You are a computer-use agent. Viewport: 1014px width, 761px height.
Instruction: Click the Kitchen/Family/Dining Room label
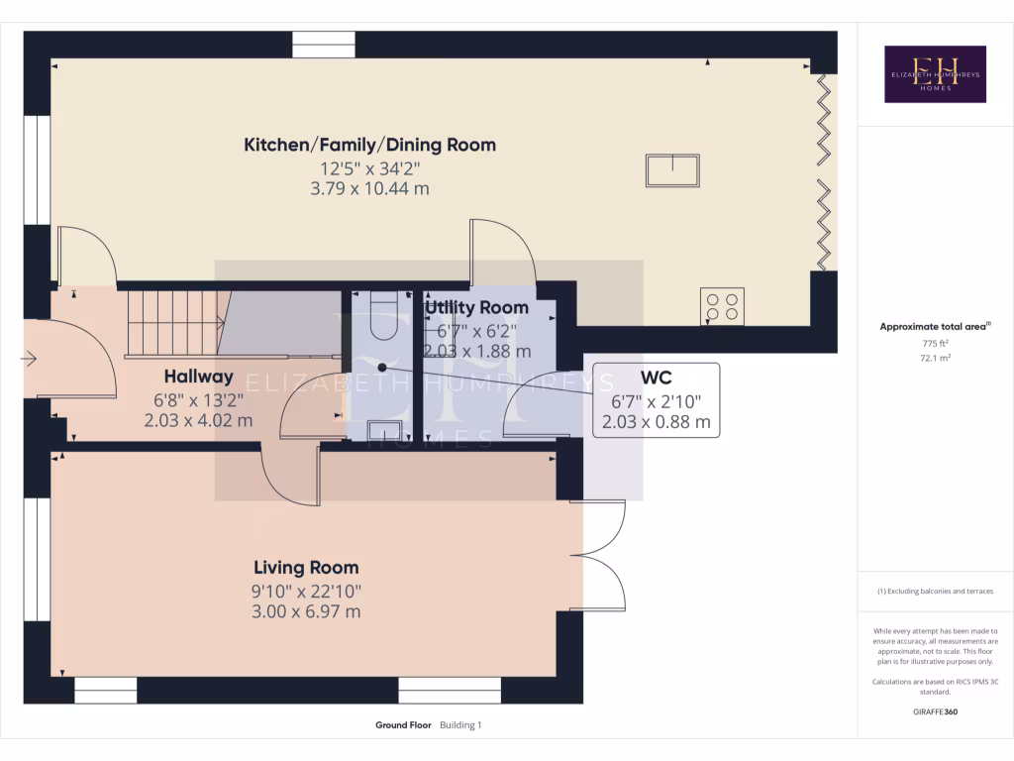369,145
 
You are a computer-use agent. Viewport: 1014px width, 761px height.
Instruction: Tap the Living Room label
306,568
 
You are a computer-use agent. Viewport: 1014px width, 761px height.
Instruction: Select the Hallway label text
198,377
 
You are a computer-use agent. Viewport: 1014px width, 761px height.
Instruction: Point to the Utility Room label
477,308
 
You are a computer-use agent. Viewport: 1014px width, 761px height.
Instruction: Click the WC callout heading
657,378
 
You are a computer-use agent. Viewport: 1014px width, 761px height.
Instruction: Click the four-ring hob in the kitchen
721,306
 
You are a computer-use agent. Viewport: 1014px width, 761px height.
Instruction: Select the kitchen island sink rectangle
672,170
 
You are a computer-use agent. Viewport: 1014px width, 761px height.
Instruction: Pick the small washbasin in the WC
385,430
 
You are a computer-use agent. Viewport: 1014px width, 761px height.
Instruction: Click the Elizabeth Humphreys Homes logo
935,74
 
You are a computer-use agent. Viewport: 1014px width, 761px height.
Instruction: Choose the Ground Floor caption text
403,725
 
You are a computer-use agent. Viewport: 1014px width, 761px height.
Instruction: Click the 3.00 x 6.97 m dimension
306,611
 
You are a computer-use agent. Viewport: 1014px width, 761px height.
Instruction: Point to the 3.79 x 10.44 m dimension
369,188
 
